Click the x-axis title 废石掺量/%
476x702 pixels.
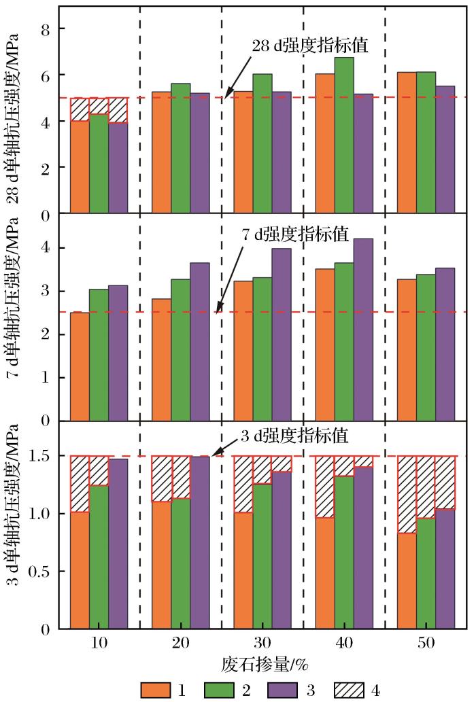(x=262, y=663)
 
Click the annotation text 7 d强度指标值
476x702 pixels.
(x=296, y=235)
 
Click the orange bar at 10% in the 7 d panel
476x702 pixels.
(x=80, y=367)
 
